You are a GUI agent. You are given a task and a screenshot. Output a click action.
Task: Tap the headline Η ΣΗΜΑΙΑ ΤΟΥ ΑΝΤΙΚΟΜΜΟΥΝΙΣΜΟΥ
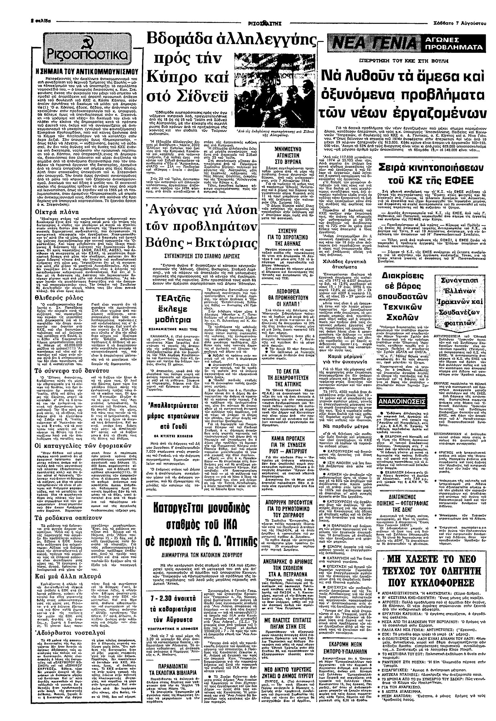click(91, 70)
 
